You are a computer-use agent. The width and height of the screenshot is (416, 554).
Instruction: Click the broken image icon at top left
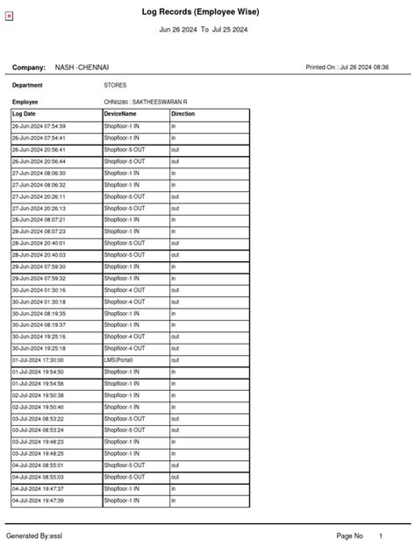[x=10, y=17]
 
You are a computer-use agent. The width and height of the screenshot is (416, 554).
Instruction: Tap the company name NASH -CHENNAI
[x=82, y=67]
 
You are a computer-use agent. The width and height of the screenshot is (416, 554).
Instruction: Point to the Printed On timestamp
[x=358, y=67]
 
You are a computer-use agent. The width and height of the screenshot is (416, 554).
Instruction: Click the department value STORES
[x=115, y=86]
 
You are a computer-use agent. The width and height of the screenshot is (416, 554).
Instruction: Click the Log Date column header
[x=25, y=114]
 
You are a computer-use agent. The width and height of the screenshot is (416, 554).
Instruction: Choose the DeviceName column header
[x=120, y=114]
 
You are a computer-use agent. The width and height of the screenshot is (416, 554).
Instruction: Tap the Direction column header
[x=183, y=114]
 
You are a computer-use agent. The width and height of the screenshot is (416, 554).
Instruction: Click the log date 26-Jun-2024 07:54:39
[x=39, y=126]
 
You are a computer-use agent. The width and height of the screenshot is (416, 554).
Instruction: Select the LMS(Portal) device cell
[x=121, y=360]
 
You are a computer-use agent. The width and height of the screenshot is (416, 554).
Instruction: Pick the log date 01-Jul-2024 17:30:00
[x=38, y=360]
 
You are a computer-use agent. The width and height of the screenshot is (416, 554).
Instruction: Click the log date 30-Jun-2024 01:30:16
[x=39, y=290]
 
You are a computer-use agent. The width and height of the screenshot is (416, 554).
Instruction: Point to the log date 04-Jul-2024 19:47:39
[x=38, y=501]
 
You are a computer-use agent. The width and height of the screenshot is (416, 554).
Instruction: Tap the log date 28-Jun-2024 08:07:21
[x=39, y=220]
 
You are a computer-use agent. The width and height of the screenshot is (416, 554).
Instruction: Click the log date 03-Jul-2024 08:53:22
[x=38, y=419]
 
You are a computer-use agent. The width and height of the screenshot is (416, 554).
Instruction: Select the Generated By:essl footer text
[x=34, y=535]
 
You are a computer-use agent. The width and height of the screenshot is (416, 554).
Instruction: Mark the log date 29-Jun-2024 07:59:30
[x=39, y=266]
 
